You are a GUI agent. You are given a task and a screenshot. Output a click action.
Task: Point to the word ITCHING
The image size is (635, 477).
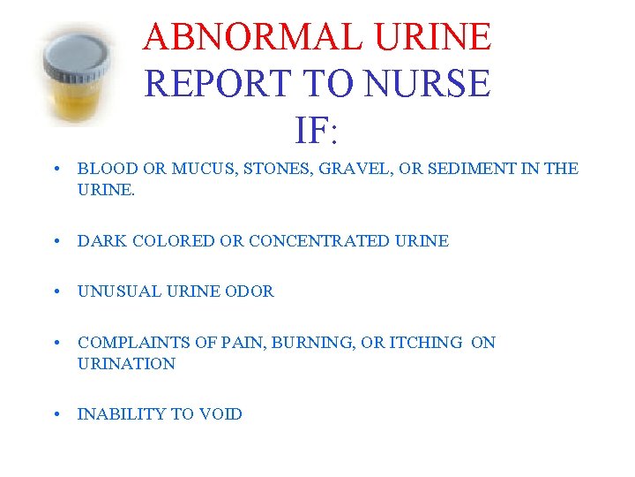(x=421, y=342)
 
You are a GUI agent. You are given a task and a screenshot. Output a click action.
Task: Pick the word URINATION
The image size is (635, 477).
(x=126, y=363)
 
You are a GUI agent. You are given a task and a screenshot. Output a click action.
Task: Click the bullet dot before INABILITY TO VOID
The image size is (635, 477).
(x=56, y=413)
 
